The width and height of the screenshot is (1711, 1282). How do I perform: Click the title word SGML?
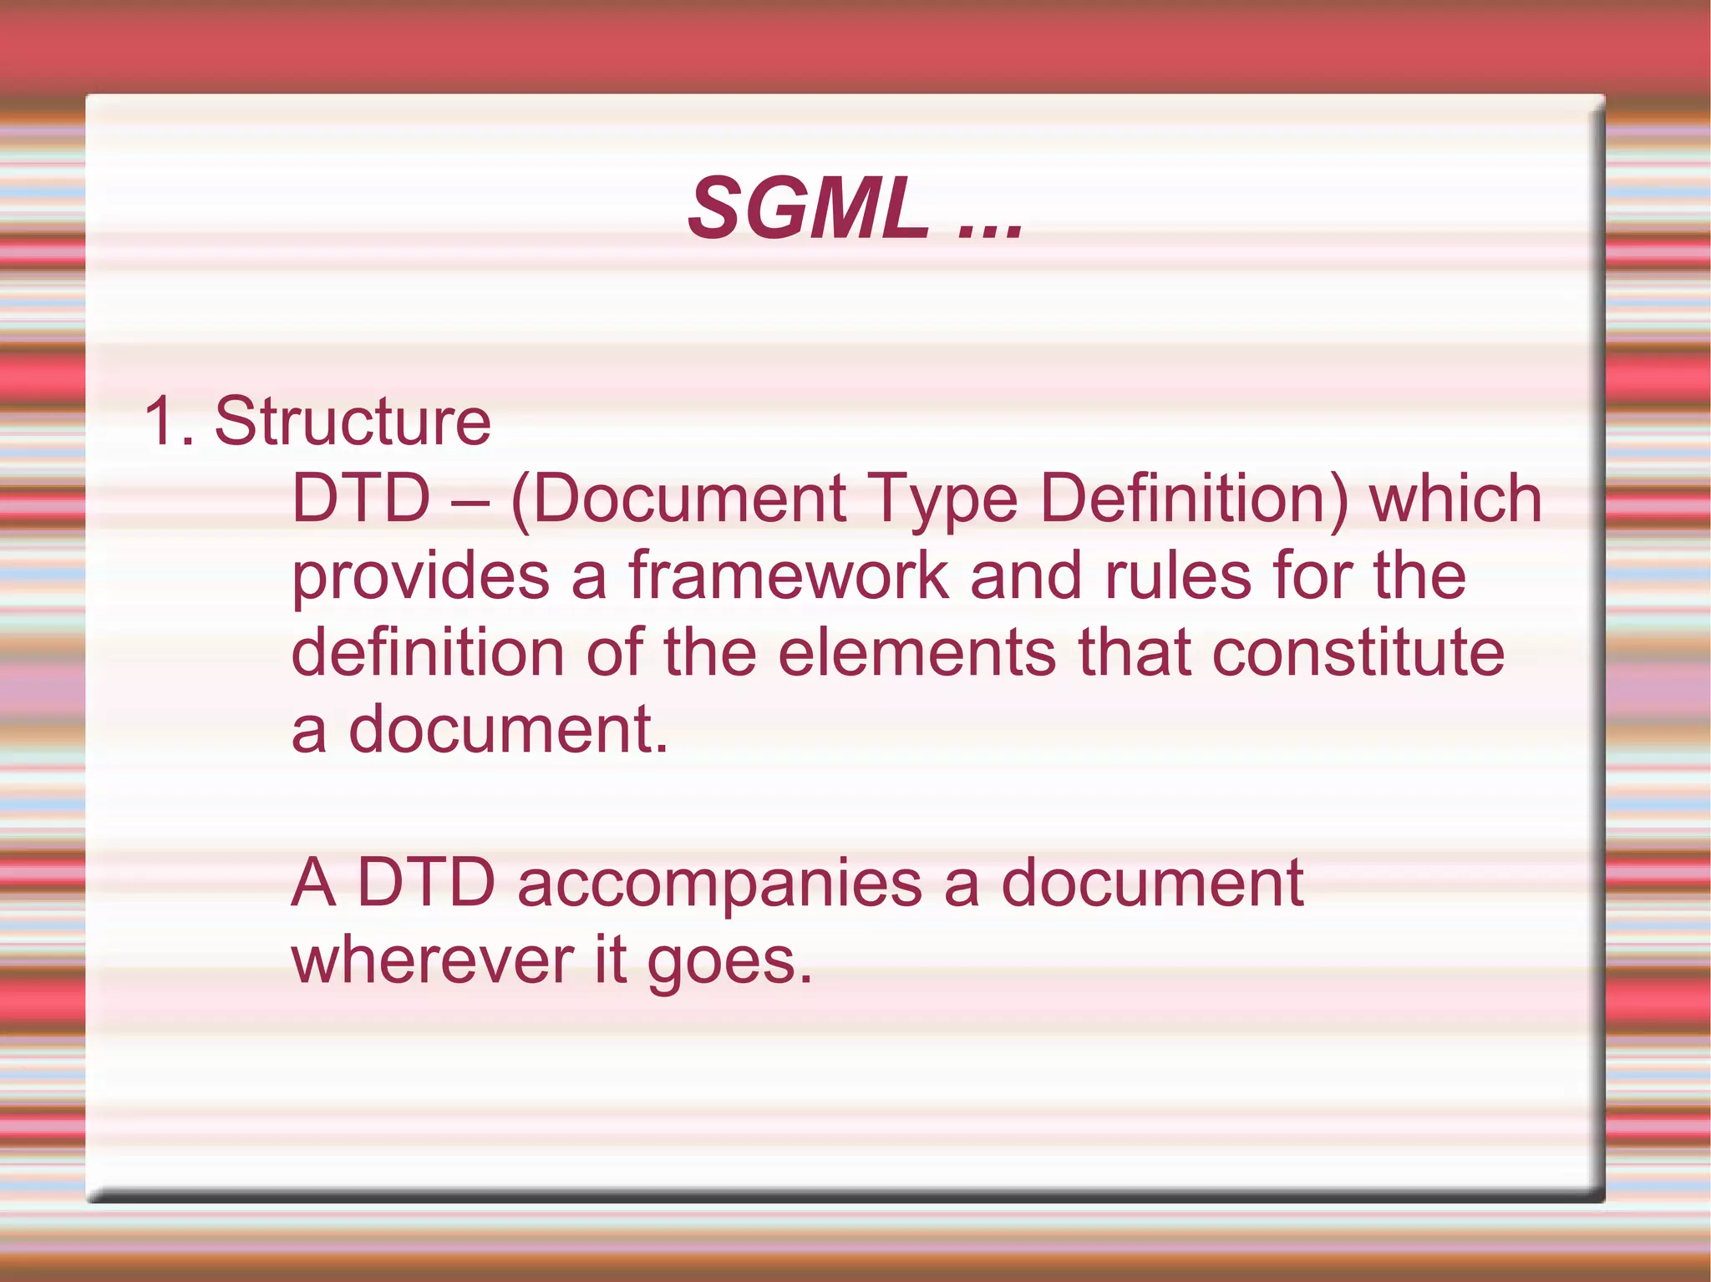pyautogui.click(x=807, y=209)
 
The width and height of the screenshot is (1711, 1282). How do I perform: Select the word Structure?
pyautogui.click(x=353, y=421)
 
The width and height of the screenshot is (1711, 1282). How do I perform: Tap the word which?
pyautogui.click(x=1455, y=499)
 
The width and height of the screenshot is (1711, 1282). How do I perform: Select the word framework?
pyautogui.click(x=789, y=576)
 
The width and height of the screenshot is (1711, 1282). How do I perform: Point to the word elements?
pyautogui.click(x=916, y=653)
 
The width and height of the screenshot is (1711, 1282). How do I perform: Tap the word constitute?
pyautogui.click(x=1358, y=653)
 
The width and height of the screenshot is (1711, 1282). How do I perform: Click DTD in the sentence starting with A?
pyautogui.click(x=426, y=883)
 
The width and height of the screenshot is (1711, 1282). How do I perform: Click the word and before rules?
pyautogui.click(x=1026, y=576)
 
